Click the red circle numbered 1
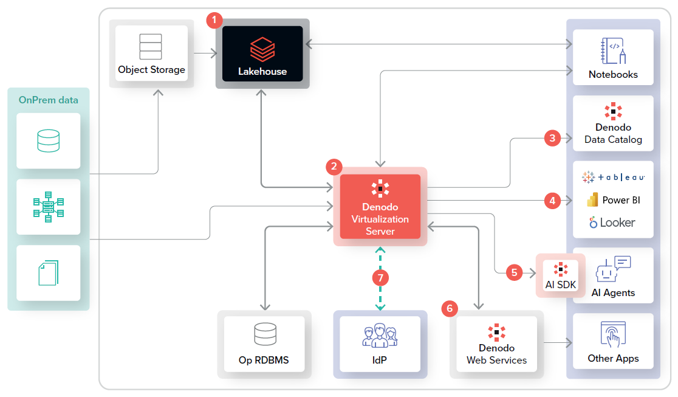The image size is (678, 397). pyautogui.click(x=214, y=21)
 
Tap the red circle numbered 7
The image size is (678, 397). pyautogui.click(x=380, y=277)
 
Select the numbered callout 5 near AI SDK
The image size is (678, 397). pyautogui.click(x=515, y=272)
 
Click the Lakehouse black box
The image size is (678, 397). pyautogui.click(x=262, y=54)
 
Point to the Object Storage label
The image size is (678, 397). pyautogui.click(x=151, y=69)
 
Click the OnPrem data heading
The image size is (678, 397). pyautogui.click(x=49, y=100)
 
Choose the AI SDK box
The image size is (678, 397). pyautogui.click(x=560, y=275)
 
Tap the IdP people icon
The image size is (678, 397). pyautogui.click(x=380, y=336)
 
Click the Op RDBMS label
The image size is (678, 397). pyautogui.click(x=264, y=360)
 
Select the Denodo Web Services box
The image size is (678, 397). pyautogui.click(x=496, y=343)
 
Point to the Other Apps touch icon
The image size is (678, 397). pyautogui.click(x=613, y=334)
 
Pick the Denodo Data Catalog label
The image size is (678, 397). pyautogui.click(x=613, y=133)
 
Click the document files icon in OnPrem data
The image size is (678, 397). pyautogui.click(x=48, y=272)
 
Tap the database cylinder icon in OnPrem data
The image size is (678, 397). pyautogui.click(x=48, y=140)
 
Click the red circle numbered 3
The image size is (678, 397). pyautogui.click(x=552, y=138)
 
